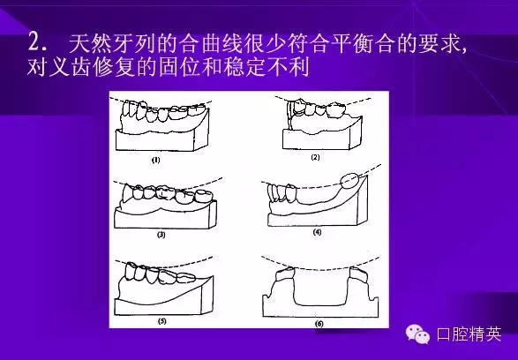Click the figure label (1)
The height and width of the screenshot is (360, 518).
(x=155, y=160)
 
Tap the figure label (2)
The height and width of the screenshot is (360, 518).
(x=315, y=157)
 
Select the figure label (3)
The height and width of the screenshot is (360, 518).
(x=161, y=236)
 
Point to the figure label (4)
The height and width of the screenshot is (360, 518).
(x=317, y=232)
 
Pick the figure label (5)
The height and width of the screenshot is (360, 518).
(x=162, y=320)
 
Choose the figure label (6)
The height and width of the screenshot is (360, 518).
(x=318, y=323)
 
